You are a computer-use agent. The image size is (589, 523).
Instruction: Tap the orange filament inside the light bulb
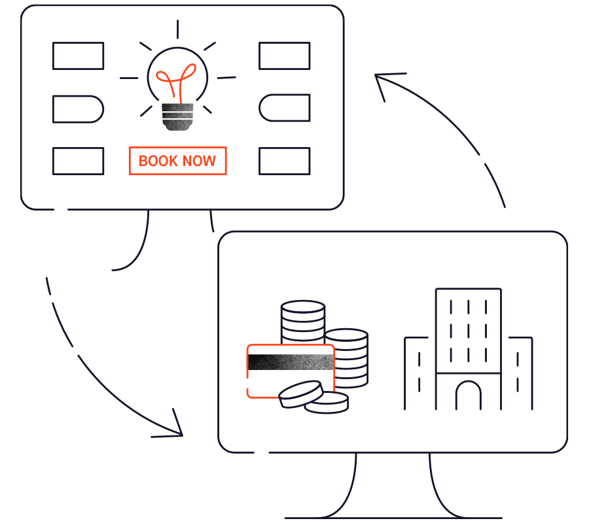(176, 83)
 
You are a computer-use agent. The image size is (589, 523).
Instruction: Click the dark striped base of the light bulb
(177, 116)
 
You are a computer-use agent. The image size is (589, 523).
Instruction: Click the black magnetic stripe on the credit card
(291, 362)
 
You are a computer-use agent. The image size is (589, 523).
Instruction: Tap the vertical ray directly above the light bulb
(177, 29)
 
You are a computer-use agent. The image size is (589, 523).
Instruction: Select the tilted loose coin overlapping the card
(301, 394)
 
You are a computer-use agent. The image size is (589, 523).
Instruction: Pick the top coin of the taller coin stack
(303, 307)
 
